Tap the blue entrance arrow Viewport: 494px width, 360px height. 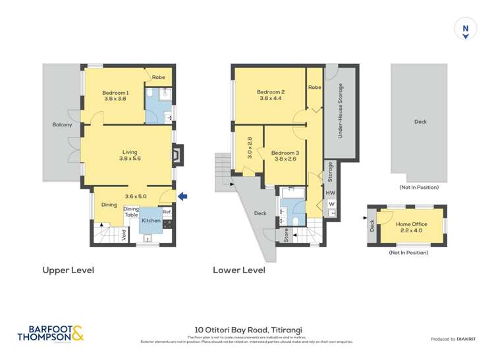[183, 195]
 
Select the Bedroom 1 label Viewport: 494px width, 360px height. [115, 93]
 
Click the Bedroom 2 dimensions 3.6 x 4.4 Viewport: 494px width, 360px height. [270, 99]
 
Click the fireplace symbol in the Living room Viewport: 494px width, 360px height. [177, 154]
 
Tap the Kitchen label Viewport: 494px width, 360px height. [151, 220]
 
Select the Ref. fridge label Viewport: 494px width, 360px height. [167, 212]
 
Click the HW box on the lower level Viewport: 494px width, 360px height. [331, 193]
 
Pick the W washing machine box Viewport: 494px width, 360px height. [331, 205]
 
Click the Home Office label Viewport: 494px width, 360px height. [412, 224]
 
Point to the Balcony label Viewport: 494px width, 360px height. [62, 124]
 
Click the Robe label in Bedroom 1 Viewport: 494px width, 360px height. [158, 77]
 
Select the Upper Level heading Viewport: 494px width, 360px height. [68, 270]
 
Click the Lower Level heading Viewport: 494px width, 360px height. [239, 270]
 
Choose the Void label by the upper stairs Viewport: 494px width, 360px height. [124, 235]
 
